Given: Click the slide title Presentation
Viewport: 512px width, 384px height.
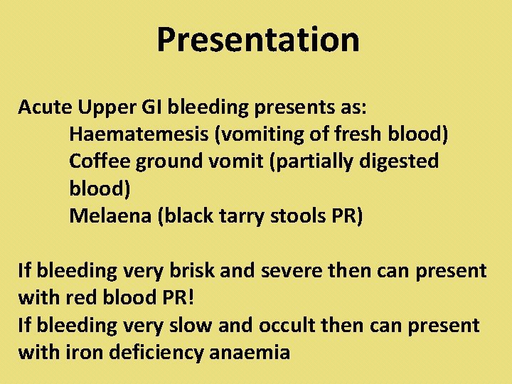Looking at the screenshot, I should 257,40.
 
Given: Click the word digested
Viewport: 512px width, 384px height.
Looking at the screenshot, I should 401,161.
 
